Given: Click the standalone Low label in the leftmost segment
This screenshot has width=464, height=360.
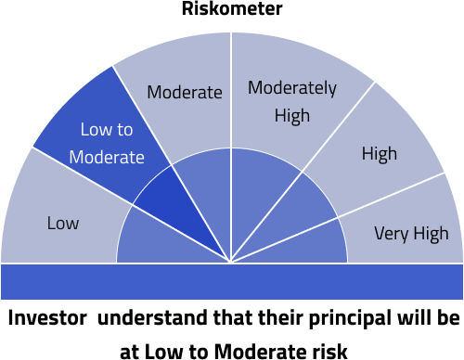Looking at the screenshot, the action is point(63,224).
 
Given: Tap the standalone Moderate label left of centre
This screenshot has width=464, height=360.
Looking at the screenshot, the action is point(185,92).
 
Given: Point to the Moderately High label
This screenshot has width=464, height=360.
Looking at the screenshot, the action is point(291,102).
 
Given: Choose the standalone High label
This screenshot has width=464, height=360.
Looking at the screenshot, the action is point(379,154).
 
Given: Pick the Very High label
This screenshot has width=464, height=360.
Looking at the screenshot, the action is point(411,233).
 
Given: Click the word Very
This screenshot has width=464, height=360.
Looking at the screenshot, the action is point(391,233).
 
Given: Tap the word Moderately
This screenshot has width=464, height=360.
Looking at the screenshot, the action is point(291,89).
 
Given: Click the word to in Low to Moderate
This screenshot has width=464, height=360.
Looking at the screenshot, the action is point(135,130).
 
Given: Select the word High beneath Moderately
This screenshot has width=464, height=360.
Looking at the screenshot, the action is point(291,116).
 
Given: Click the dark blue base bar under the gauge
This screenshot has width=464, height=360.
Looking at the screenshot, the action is point(232,281).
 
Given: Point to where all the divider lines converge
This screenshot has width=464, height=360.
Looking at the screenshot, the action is point(231,263).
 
